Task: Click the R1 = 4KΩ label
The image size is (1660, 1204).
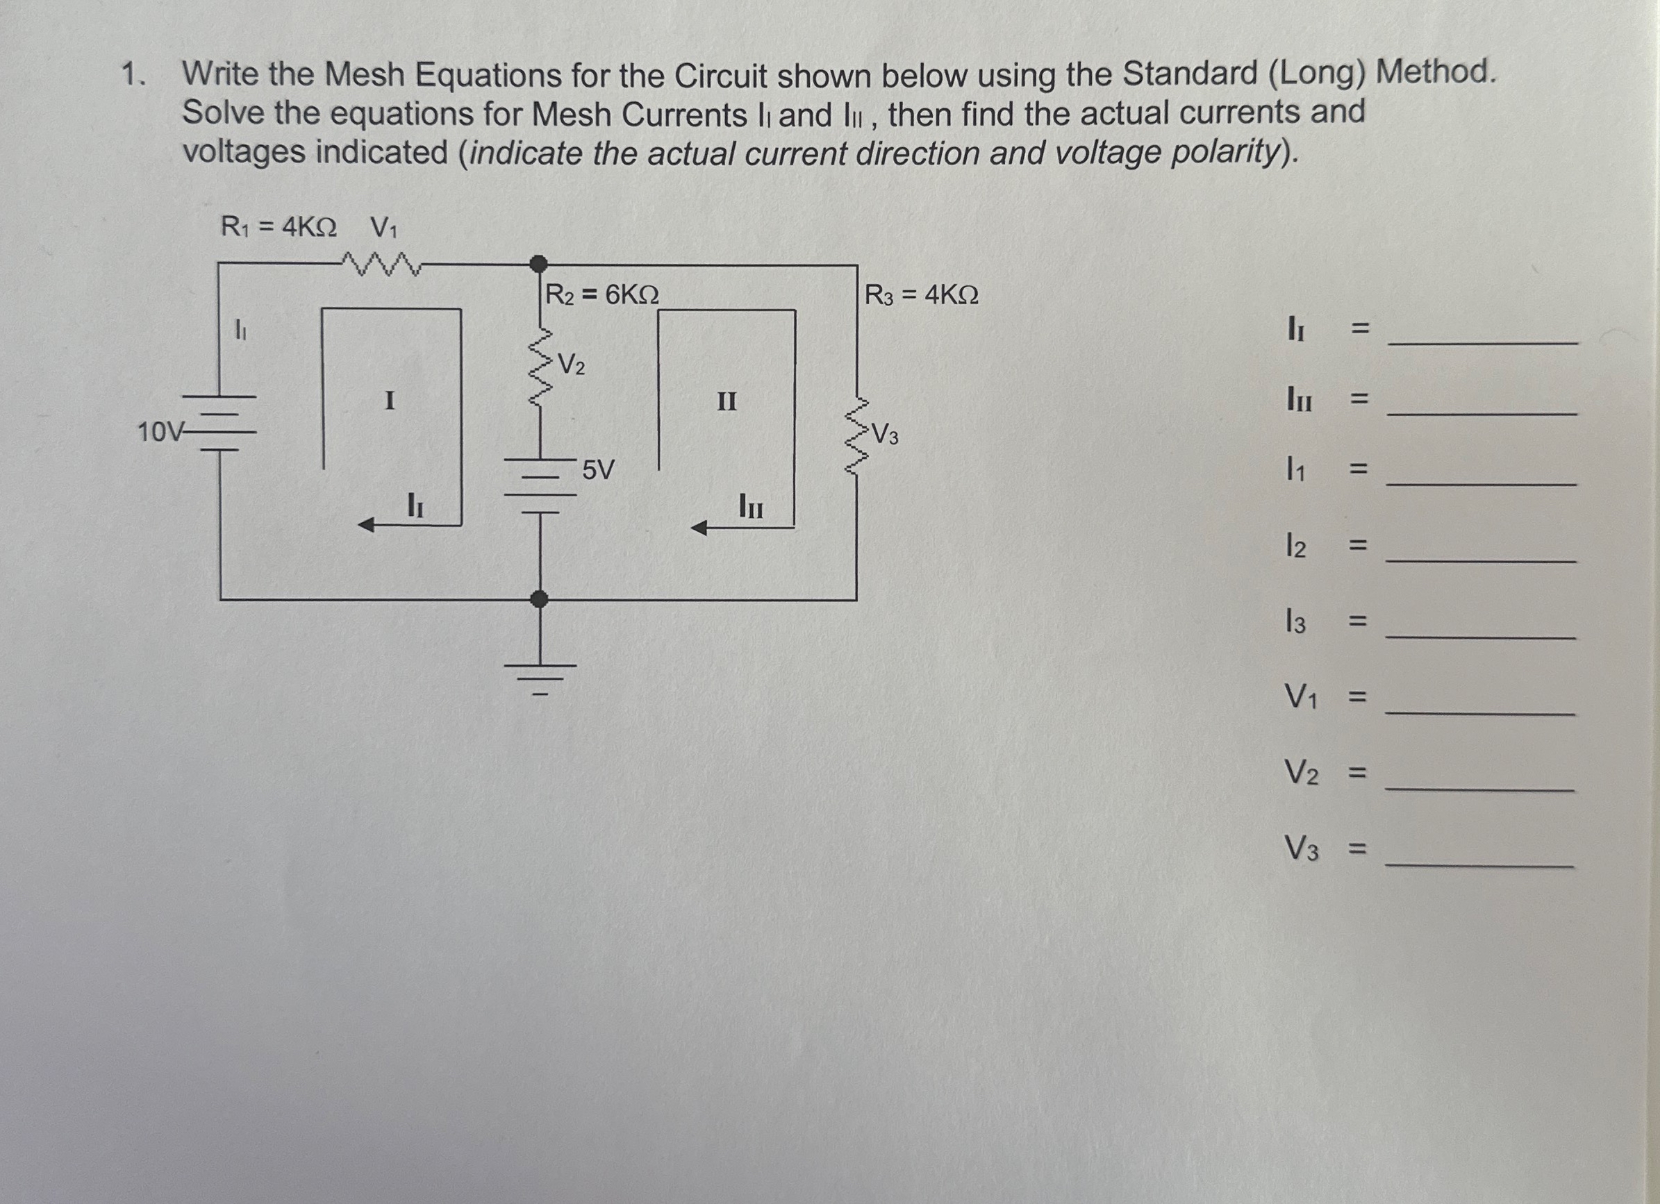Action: coord(279,228)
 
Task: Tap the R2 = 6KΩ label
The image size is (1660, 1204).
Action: coord(601,295)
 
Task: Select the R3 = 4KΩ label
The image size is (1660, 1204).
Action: coord(921,296)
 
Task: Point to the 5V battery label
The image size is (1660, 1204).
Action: coord(598,470)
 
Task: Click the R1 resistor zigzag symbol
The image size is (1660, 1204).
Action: coord(379,265)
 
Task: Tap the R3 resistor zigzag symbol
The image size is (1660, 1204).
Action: coord(857,436)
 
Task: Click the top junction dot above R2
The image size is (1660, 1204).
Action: coord(539,263)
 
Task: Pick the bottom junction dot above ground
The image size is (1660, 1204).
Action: coord(540,599)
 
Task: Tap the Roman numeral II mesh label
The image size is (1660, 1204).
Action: coord(726,401)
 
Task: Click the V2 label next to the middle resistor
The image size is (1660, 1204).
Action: coord(571,364)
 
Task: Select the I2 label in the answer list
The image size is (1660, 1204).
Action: coord(1295,545)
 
